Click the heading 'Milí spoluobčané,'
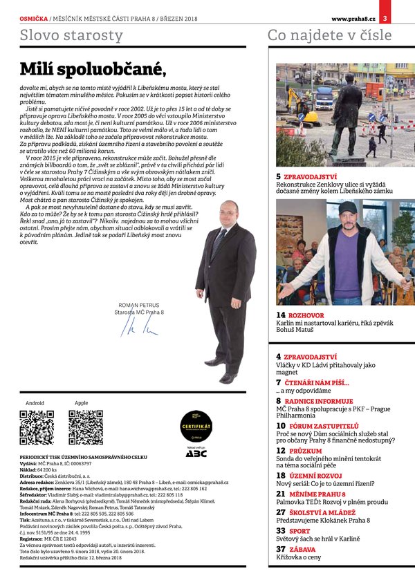pyautogui.click(x=93, y=68)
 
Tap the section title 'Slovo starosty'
pyautogui.click(x=72, y=35)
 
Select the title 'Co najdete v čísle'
pyautogui.click(x=329, y=35)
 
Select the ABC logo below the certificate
pyautogui.click(x=196, y=454)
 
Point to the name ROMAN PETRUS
pyautogui.click(x=138, y=305)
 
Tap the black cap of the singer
pyautogui.click(x=347, y=207)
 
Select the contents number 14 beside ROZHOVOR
pyautogui.click(x=281, y=315)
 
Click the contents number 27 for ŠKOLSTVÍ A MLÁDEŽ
pyautogui.click(x=281, y=512)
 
